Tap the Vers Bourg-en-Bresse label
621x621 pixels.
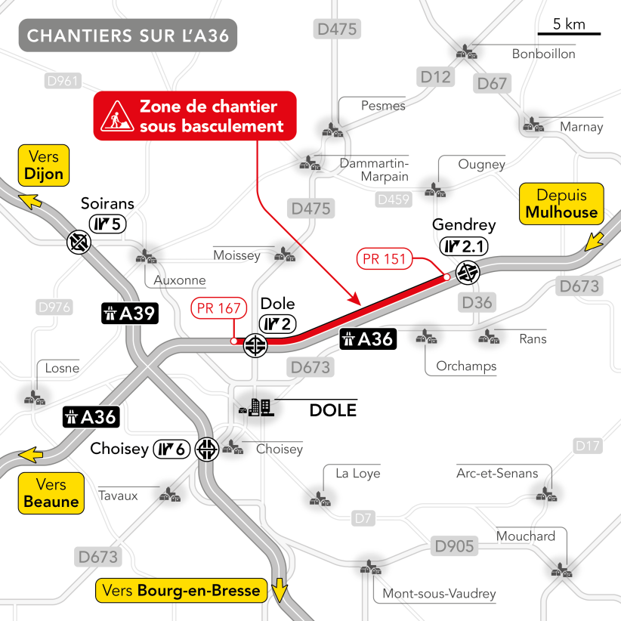pyautogui.click(x=181, y=591)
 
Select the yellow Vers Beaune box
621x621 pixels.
pyautogui.click(x=51, y=493)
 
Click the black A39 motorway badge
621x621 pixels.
pyautogui.click(x=129, y=314)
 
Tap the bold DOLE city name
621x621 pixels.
pyautogui.click(x=332, y=411)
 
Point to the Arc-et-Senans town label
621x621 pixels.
pyautogui.click(x=497, y=474)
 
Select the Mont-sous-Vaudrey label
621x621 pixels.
pyautogui.click(x=439, y=594)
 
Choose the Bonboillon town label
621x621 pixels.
pyautogui.click(x=543, y=54)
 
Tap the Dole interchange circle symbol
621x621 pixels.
pyautogui.click(x=255, y=346)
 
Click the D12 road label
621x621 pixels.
pyautogui.click(x=435, y=77)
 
